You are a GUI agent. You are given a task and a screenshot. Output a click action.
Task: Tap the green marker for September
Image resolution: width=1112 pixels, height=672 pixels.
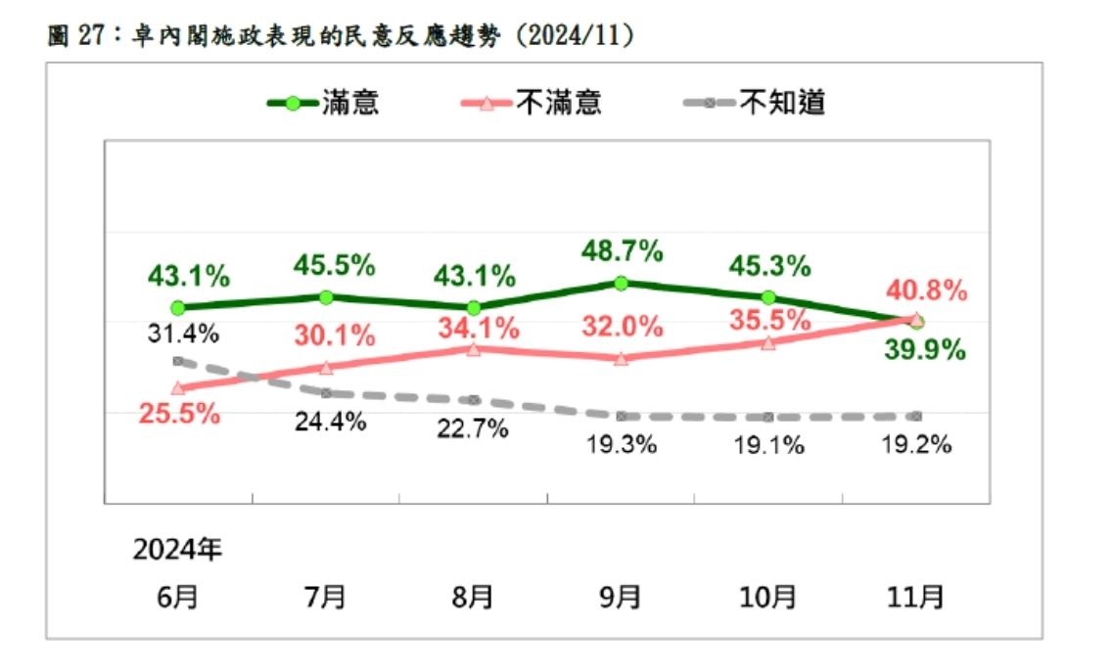621,283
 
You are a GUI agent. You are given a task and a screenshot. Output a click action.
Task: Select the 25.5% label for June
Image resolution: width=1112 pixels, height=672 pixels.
178,414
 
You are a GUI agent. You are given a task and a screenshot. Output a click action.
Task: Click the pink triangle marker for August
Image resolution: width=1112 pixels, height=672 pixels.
474,349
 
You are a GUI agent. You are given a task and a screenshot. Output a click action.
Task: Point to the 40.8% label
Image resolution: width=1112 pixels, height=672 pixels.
925,291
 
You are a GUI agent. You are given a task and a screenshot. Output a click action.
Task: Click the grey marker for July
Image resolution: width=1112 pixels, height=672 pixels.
326,393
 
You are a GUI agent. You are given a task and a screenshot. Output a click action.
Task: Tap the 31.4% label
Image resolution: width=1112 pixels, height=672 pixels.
183,334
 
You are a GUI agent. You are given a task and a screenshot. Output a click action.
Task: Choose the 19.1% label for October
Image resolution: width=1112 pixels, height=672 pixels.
768,445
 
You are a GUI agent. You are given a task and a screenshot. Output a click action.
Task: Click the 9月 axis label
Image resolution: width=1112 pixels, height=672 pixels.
621,596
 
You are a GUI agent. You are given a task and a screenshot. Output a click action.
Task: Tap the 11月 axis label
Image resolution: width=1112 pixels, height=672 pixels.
916,596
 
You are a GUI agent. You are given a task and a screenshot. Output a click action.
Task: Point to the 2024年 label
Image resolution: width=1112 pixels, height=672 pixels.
178,549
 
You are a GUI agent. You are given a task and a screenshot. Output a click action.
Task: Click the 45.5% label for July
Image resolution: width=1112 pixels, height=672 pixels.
335,264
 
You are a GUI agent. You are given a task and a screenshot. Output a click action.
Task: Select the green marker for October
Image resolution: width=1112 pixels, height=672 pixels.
768,297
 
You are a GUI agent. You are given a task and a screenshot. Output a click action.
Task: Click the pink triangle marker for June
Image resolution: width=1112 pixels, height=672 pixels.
178,387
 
